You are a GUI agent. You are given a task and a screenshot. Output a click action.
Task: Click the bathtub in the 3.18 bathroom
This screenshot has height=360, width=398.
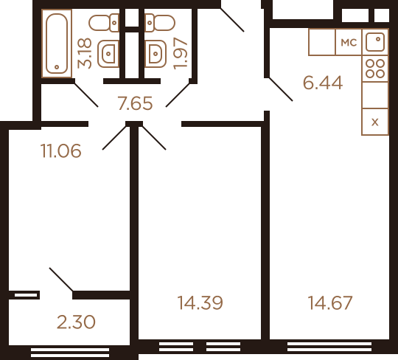57,44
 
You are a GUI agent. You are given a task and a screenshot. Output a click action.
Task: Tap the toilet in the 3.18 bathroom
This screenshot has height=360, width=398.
104,23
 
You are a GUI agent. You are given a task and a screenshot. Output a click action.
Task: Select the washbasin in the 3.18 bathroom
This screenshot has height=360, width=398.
108,54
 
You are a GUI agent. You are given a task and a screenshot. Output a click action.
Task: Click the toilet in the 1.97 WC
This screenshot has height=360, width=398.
160,23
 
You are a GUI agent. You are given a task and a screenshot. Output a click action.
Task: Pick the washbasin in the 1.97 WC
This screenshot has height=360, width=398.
156,54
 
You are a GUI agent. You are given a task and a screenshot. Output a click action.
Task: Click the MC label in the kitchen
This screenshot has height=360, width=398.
349,43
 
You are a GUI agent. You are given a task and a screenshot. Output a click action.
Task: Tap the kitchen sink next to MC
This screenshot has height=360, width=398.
375,41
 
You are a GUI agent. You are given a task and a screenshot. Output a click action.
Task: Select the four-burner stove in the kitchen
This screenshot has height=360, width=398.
375,69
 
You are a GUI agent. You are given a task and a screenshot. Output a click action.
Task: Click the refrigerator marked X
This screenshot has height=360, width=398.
375,122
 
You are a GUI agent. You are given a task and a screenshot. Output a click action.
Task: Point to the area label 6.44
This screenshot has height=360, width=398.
323,83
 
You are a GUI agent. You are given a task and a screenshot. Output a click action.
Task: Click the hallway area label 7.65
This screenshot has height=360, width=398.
135,103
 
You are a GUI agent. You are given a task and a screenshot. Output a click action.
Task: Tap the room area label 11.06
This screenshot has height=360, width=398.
61,151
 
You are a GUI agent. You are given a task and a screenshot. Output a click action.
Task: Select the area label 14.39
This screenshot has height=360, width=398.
200,302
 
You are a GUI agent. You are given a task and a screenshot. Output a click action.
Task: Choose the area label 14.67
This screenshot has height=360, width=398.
330,302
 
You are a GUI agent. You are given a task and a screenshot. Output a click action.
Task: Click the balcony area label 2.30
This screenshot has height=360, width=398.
76,322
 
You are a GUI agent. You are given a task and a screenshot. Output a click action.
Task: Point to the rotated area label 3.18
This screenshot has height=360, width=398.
85,53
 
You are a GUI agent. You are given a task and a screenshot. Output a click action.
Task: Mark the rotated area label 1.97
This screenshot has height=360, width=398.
181,53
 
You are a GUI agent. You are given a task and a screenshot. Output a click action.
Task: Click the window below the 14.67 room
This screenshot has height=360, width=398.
329,347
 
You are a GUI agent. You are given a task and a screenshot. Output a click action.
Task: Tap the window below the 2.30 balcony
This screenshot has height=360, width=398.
70,353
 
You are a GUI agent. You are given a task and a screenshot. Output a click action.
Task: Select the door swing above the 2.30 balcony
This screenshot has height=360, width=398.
61,279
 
